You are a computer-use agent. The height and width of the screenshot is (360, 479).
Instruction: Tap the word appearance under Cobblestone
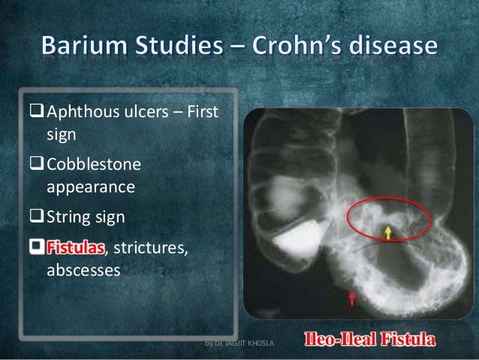tap(91, 186)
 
